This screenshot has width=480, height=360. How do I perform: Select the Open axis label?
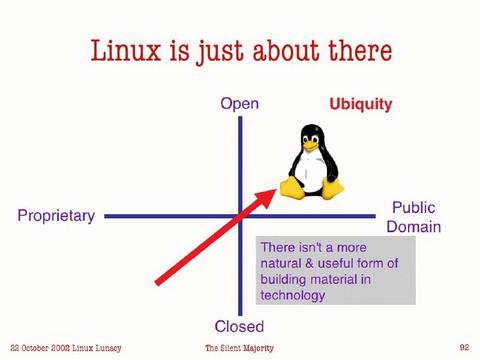pos(239,104)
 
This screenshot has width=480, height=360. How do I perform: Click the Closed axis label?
pos(239,327)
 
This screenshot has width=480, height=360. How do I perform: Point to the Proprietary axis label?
pos(56,216)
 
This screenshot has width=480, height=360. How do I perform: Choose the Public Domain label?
pos(413,217)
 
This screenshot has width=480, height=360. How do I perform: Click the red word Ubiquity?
pos(361,104)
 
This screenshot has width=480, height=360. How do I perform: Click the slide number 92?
pos(464,346)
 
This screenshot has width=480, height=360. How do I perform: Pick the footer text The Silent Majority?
pos(239,347)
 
